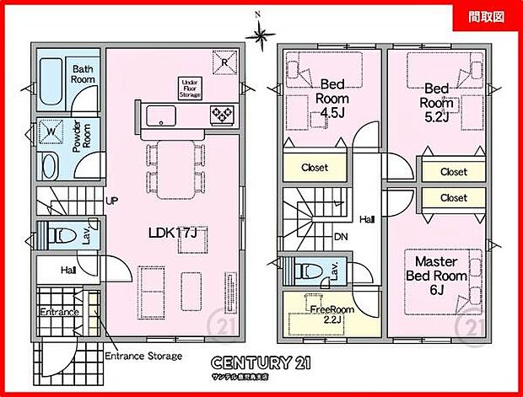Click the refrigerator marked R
[224, 63]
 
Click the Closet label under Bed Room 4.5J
[315, 167]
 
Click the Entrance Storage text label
[143, 356]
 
